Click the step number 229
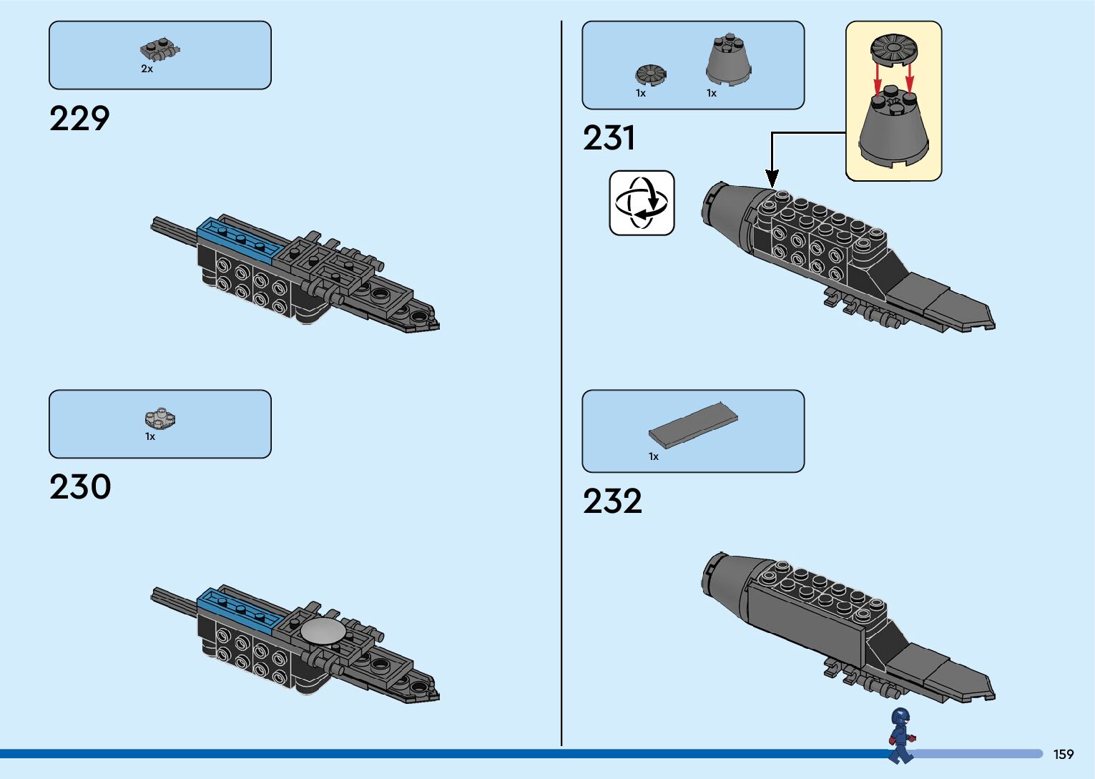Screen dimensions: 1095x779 (x=79, y=119)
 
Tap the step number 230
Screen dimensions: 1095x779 (x=80, y=487)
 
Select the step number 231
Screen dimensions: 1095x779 (x=609, y=137)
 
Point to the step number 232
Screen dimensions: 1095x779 (x=612, y=501)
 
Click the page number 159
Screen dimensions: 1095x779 (x=1064, y=754)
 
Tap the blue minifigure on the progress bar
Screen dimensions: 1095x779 (x=900, y=735)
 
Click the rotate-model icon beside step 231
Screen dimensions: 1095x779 (x=642, y=202)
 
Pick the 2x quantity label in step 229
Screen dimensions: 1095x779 (x=147, y=69)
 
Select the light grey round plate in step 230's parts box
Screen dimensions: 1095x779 (x=160, y=418)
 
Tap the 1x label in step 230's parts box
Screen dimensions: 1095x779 (x=150, y=436)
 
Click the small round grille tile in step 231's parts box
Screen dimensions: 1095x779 (x=650, y=74)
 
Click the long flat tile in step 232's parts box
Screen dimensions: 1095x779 (x=693, y=425)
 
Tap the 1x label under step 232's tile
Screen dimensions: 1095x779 (x=654, y=456)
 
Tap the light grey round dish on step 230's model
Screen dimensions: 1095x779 (x=323, y=631)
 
